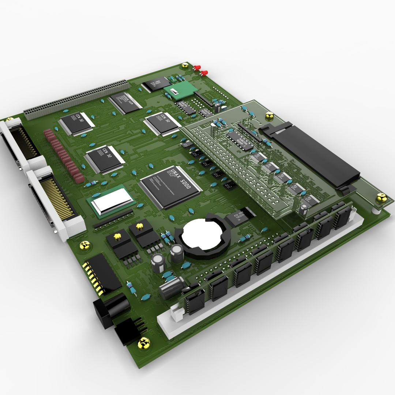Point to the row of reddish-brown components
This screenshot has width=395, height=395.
coord(64,155)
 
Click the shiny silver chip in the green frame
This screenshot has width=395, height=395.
coord(112,201)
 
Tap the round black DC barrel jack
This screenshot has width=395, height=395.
coord(110,309)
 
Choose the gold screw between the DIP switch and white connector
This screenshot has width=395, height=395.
coord(85,245)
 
